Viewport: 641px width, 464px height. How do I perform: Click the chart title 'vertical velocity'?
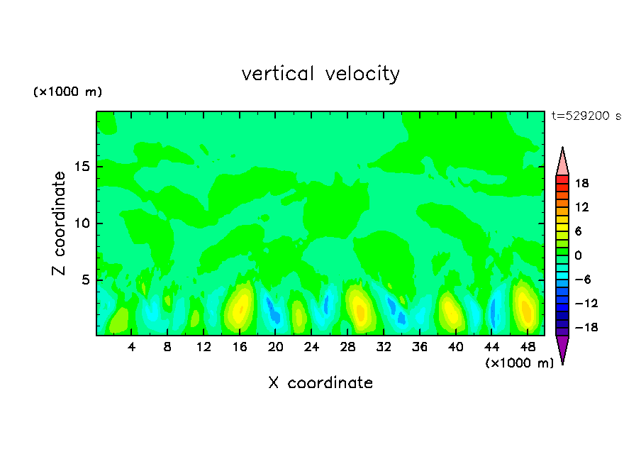320,74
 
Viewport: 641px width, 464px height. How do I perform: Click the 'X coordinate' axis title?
320,383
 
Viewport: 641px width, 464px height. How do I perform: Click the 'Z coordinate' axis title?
60,223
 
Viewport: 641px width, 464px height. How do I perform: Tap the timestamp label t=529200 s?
586,116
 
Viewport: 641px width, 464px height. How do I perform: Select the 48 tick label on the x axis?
528,348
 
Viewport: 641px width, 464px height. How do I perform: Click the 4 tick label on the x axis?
133,348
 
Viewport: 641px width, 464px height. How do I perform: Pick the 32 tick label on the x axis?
384,348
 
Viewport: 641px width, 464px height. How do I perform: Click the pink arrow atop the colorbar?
562,162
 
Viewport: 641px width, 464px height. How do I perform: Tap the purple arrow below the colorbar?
562,348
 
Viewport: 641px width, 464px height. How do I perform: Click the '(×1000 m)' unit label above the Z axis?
68,92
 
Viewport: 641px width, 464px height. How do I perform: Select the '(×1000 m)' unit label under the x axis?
519,363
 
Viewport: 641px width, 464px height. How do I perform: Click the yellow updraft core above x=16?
242,304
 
